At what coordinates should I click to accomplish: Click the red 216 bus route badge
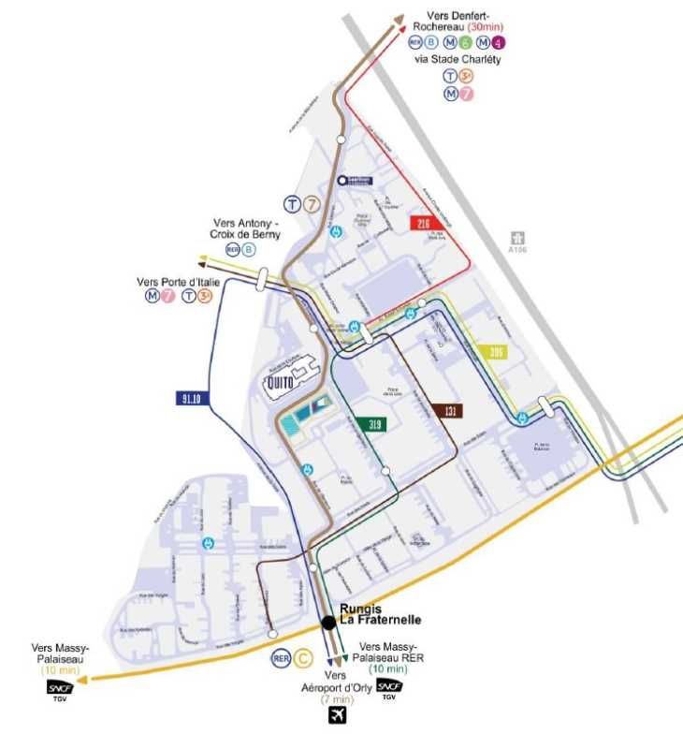click(x=426, y=223)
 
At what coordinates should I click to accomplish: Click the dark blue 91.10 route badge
click(x=188, y=398)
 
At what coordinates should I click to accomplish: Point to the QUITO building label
click(x=278, y=380)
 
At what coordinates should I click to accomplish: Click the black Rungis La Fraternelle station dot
click(x=328, y=623)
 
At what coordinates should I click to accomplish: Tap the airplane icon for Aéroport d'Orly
click(x=337, y=715)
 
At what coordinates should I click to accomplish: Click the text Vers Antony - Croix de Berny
click(x=245, y=229)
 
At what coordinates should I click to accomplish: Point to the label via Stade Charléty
click(x=458, y=59)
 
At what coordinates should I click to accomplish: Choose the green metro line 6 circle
click(x=465, y=42)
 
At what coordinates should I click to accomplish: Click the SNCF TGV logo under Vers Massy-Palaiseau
click(x=60, y=691)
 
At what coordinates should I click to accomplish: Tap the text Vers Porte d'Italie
click(x=175, y=281)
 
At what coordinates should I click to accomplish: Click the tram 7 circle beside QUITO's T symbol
click(x=315, y=204)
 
